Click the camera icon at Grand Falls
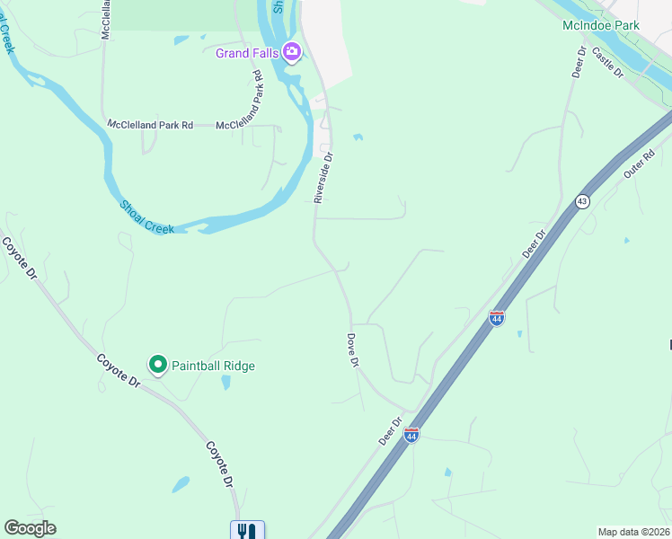pyautogui.click(x=291, y=52)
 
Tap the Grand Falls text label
pyautogui.click(x=247, y=53)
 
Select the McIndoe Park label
pyautogui.click(x=600, y=25)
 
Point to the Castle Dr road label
pyautogui.click(x=609, y=64)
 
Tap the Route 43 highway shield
pyautogui.click(x=583, y=201)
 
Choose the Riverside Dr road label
pyautogui.click(x=323, y=176)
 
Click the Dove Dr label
pyautogui.click(x=353, y=349)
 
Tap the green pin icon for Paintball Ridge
pyautogui.click(x=158, y=365)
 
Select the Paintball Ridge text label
pyautogui.click(x=214, y=366)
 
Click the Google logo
pyautogui.click(x=30, y=528)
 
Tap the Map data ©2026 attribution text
pyautogui.click(x=632, y=532)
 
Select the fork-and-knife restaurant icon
pyautogui.click(x=245, y=531)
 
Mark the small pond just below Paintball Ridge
pyautogui.click(x=225, y=382)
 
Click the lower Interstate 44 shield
pyautogui.click(x=411, y=436)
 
